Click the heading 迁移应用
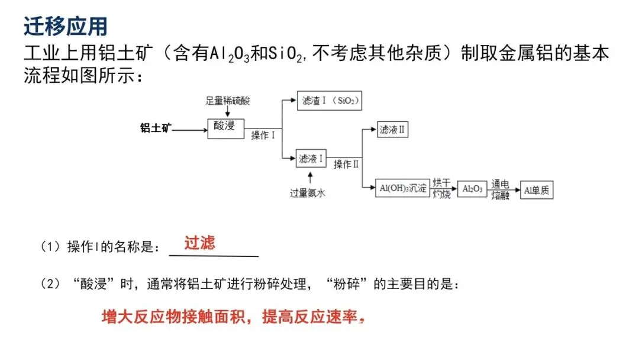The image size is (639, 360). (x=66, y=25)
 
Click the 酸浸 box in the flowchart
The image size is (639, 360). (x=225, y=126)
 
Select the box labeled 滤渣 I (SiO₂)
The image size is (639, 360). (x=329, y=101)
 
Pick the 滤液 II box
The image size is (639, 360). (x=392, y=129)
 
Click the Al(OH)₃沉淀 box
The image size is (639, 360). (x=402, y=188)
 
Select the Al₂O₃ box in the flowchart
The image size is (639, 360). (x=472, y=189)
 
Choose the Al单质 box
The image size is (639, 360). (x=537, y=189)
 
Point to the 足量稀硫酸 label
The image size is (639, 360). (x=227, y=101)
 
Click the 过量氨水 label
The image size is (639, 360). (x=308, y=193)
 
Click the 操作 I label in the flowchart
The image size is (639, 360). (x=263, y=136)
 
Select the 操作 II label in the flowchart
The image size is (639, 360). (x=346, y=165)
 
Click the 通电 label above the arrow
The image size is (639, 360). (x=500, y=183)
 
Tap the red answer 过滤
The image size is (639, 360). (x=199, y=243)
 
